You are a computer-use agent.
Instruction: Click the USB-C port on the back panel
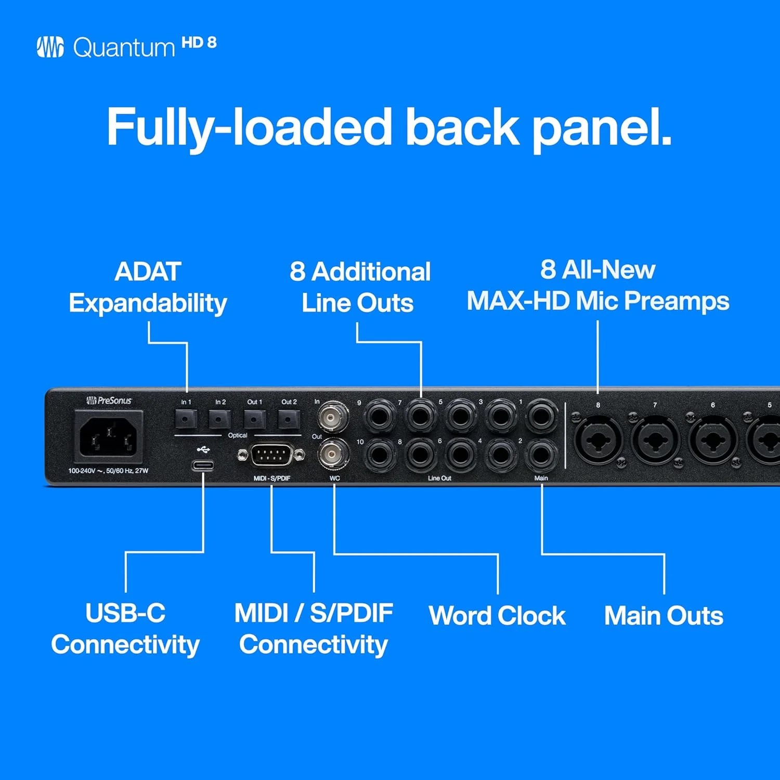pyautogui.click(x=203, y=465)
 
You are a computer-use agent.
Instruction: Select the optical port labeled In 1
pyautogui.click(x=186, y=418)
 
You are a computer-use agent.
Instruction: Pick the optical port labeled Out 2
pyautogui.click(x=289, y=418)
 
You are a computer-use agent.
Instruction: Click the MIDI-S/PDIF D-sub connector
pyautogui.click(x=271, y=456)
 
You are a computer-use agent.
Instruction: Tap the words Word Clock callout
pyautogui.click(x=497, y=616)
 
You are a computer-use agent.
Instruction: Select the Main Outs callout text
pyautogui.click(x=664, y=616)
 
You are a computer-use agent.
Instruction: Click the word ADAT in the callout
pyautogui.click(x=148, y=271)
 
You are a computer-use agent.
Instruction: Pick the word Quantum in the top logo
pyautogui.click(x=124, y=48)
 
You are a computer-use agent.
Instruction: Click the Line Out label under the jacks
pyautogui.click(x=439, y=478)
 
